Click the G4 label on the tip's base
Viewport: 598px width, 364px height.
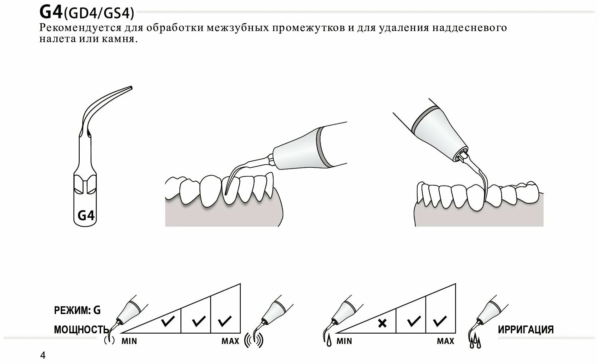(86, 216)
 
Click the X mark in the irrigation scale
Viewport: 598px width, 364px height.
(382, 323)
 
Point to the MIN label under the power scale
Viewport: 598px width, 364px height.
(129, 341)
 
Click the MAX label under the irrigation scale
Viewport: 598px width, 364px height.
(445, 341)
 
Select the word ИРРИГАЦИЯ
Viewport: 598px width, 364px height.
(526, 329)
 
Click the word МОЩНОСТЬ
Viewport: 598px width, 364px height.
(81, 329)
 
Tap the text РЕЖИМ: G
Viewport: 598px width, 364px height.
(77, 310)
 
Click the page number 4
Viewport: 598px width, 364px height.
(43, 355)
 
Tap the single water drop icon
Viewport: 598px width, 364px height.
(328, 343)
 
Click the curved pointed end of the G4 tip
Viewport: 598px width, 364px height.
(130, 87)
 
